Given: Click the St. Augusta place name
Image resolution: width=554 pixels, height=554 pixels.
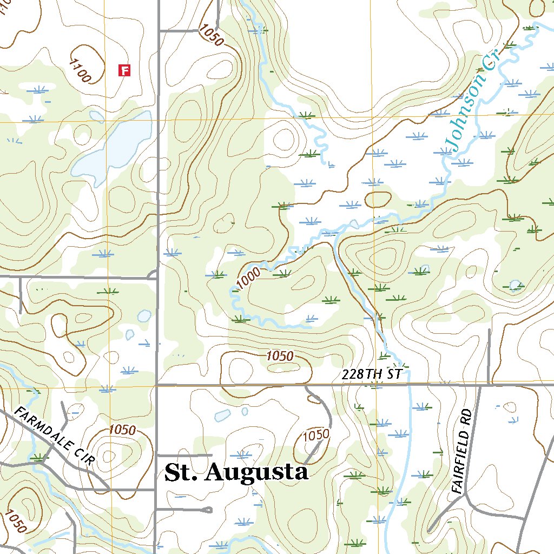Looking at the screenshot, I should coord(236,472).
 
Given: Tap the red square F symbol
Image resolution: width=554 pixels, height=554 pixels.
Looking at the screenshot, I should coord(125,70).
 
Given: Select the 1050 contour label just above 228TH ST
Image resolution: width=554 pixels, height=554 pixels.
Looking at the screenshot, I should coord(280,356).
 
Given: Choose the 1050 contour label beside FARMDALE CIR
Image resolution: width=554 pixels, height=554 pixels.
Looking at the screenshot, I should coord(122,430).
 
